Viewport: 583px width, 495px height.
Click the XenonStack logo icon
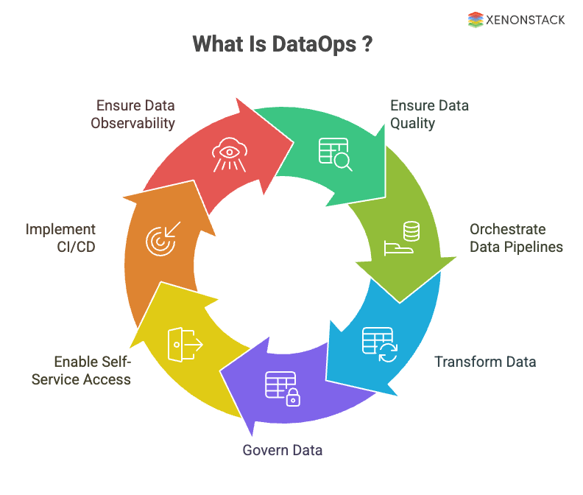point(476,20)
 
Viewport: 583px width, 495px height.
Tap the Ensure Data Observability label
point(132,114)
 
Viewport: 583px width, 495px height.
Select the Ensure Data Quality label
point(429,114)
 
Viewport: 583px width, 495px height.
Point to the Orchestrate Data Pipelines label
point(516,238)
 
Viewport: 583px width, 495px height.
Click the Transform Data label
point(485,362)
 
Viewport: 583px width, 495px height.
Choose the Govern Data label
point(282,450)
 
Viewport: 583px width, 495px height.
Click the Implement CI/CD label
point(60,238)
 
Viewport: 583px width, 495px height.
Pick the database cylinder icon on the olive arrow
point(403,240)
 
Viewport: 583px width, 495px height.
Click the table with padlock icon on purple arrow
point(283,388)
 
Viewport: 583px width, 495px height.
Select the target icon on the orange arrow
point(160,239)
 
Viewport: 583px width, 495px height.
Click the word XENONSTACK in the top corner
point(526,20)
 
